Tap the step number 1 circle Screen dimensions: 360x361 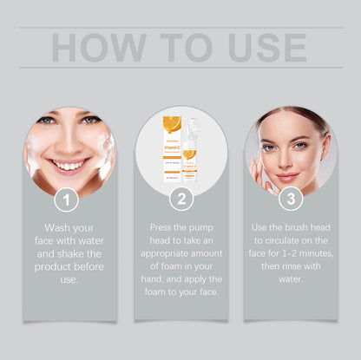click(x=69, y=200)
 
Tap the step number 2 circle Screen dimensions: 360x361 click(x=180, y=200)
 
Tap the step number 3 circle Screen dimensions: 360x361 click(x=291, y=200)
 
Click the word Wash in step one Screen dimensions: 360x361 click(x=55, y=227)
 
